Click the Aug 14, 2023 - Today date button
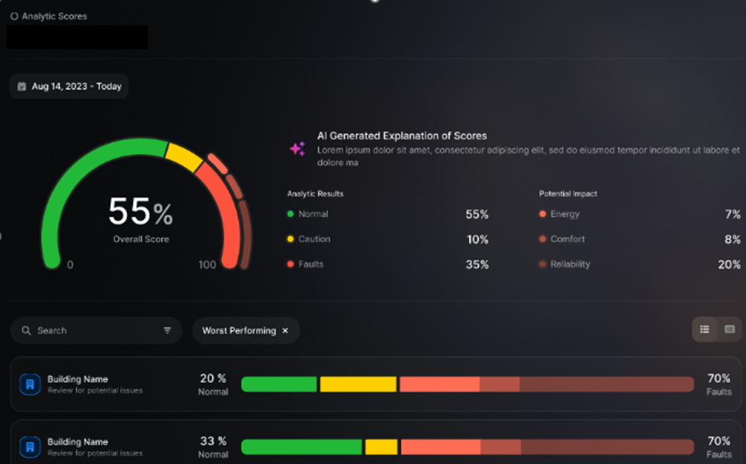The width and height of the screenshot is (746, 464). click(x=69, y=86)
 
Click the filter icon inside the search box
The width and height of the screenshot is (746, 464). click(x=167, y=330)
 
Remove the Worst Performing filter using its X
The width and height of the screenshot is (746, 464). click(x=285, y=330)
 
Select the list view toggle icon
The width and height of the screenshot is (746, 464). click(x=705, y=329)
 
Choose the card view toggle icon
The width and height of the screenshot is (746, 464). click(x=729, y=329)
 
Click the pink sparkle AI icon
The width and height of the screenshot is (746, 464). click(x=298, y=149)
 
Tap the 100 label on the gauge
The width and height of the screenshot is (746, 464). click(x=207, y=265)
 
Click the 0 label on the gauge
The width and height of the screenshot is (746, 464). click(x=70, y=265)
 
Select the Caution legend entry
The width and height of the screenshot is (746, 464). click(x=309, y=239)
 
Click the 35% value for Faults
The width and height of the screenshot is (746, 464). click(x=477, y=265)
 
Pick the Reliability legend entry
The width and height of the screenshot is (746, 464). click(x=565, y=264)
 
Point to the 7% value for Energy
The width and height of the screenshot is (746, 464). click(x=733, y=214)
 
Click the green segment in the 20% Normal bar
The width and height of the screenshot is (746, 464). click(x=279, y=384)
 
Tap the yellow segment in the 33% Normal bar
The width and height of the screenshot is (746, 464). click(x=381, y=447)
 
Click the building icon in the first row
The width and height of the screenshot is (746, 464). click(x=30, y=384)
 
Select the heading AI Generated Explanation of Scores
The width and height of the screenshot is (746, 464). click(x=402, y=136)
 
